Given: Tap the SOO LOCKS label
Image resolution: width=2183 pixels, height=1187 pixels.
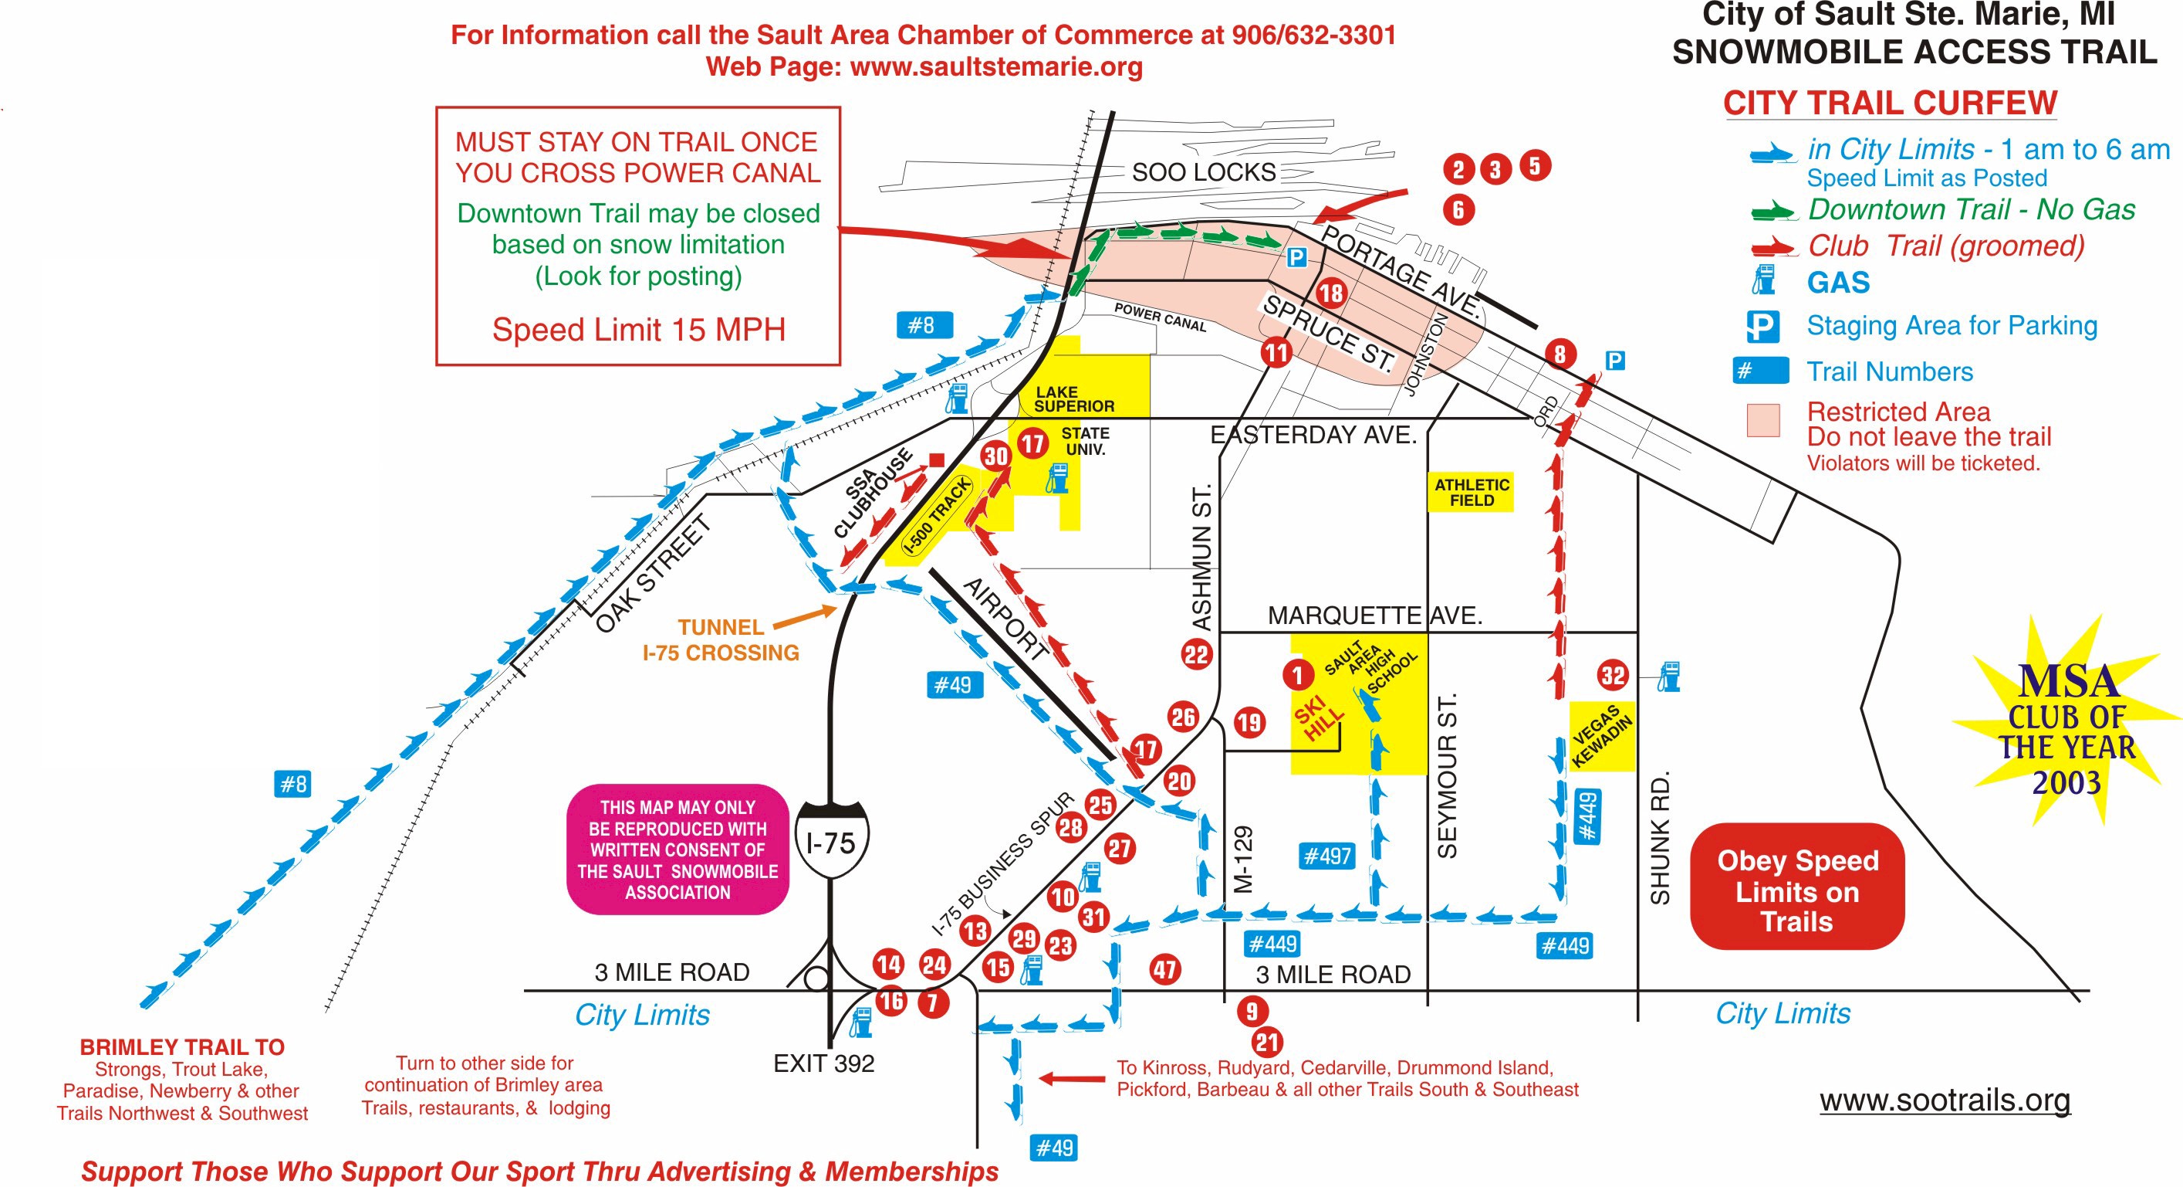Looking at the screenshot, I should click(1203, 172).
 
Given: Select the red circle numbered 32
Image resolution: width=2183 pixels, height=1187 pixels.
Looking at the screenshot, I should click(1613, 675).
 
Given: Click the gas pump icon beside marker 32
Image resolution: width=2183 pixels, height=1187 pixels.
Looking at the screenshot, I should click(1668, 677).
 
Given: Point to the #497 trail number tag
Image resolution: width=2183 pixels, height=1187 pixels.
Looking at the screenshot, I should click(1326, 856).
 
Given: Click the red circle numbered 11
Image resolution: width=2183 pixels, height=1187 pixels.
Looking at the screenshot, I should click(1276, 352).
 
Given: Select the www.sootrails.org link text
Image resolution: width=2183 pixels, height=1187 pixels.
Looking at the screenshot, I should click(1945, 1100).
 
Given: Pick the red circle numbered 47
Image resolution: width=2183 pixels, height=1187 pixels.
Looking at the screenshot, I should click(1165, 970).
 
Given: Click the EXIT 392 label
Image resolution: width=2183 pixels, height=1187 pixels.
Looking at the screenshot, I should click(823, 1063).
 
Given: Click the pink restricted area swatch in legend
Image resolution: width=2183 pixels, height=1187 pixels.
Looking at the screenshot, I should click(1762, 419).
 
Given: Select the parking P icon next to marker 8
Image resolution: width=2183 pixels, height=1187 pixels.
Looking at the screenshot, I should click(1615, 361).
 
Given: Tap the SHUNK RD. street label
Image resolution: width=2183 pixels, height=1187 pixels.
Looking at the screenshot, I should click(1660, 838).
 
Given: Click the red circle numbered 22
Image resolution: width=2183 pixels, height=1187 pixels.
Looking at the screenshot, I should click(1196, 655).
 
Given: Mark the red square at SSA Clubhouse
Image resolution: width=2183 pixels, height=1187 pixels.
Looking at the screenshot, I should click(937, 460).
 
